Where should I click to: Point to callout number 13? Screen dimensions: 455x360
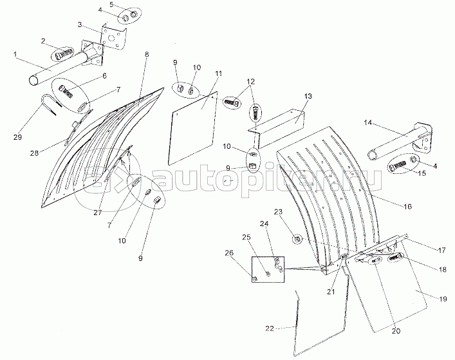[x=308, y=96]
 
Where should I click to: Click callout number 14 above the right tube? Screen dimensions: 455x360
[x=368, y=122]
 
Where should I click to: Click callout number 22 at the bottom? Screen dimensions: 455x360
[x=270, y=328]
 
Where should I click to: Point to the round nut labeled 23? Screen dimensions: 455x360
[x=297, y=240]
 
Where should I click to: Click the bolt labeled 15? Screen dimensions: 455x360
[x=398, y=166]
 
